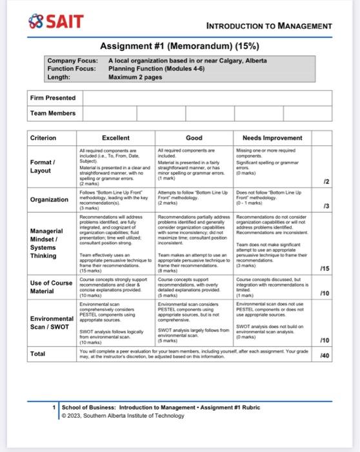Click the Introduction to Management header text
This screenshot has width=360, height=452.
269,26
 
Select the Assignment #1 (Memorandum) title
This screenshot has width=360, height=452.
179,46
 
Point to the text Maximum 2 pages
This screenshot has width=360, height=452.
136,76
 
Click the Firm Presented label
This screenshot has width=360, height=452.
53,98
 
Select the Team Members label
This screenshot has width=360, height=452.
53,114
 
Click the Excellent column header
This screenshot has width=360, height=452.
115,138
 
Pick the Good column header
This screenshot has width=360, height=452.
194,138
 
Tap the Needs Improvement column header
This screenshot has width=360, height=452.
272,138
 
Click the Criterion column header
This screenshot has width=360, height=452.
44,138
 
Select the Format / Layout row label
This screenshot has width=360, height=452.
43,166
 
